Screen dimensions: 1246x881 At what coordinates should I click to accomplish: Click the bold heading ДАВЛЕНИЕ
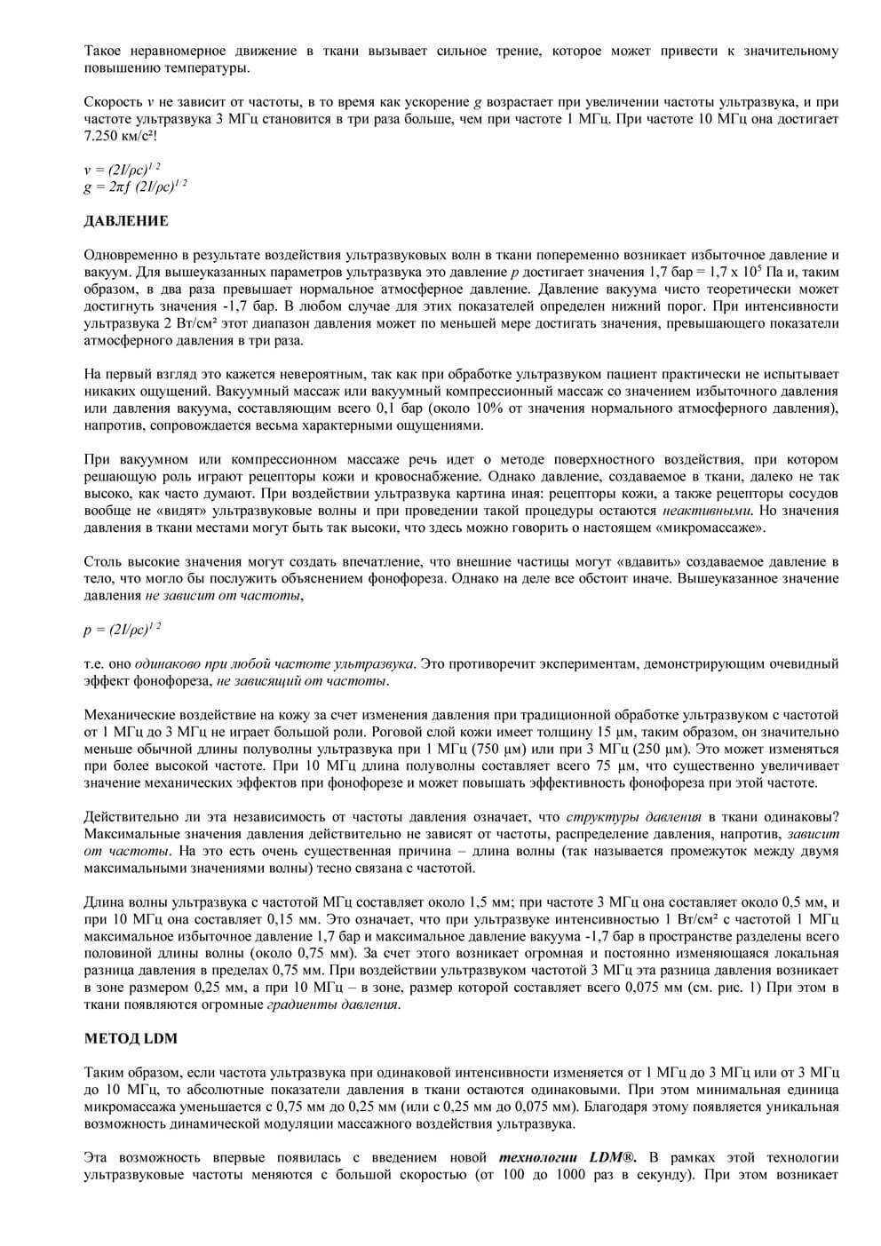126,220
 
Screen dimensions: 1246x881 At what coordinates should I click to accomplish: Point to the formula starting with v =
123,169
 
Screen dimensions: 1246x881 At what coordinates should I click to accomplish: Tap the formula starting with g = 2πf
135,186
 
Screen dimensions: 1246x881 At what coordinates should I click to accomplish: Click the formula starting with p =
123,630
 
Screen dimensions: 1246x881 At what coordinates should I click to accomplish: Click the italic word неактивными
707,511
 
